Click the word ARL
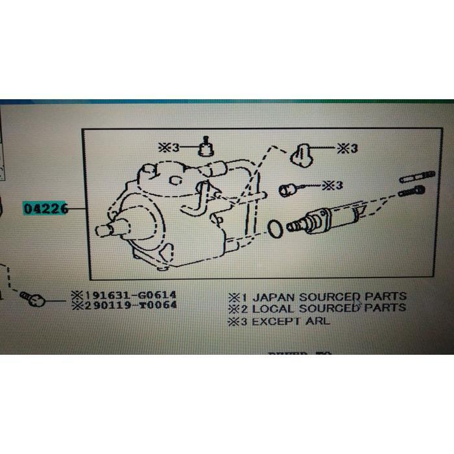pos(318,321)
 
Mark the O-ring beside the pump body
pos(274,228)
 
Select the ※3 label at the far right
pos(348,149)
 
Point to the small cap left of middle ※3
pos(287,189)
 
